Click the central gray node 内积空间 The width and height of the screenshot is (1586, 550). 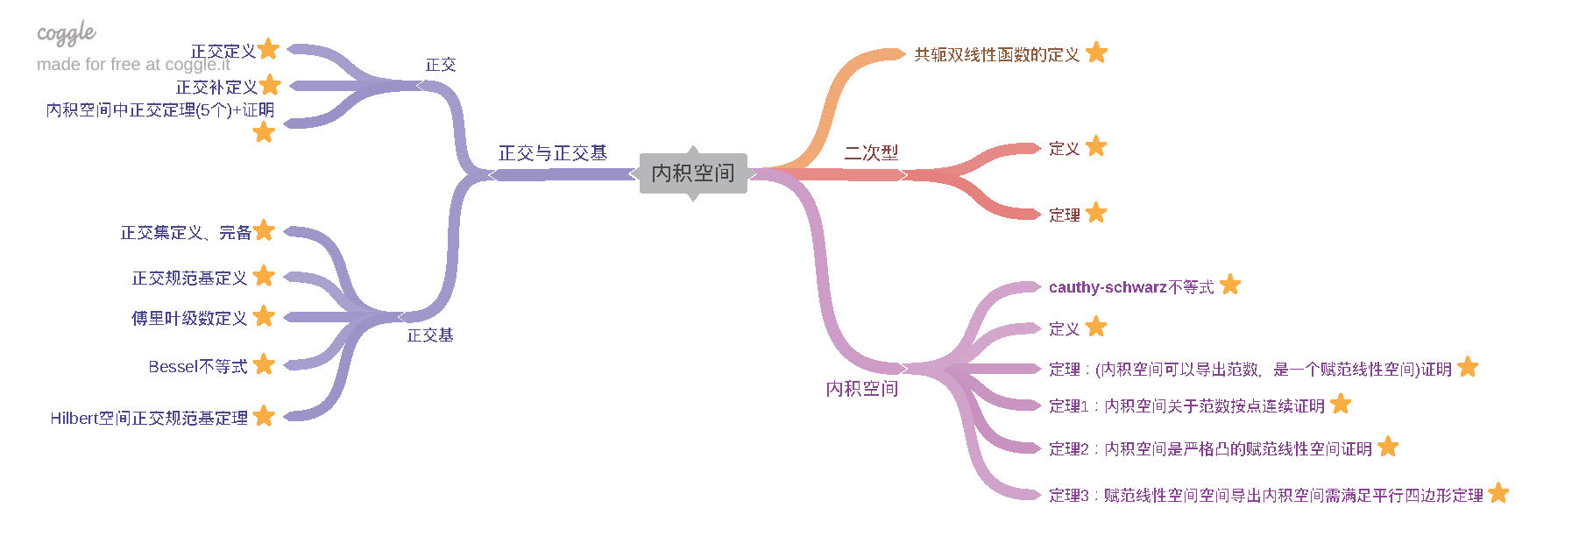pyautogui.click(x=692, y=173)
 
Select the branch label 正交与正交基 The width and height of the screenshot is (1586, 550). pyautogui.click(x=552, y=153)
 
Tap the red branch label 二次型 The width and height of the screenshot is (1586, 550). pyautogui.click(x=870, y=152)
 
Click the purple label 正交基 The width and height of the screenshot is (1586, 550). pyautogui.click(x=429, y=335)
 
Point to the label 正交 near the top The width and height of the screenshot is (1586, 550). pyautogui.click(x=440, y=65)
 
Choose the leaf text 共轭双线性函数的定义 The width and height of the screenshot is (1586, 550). pyautogui.click(x=996, y=54)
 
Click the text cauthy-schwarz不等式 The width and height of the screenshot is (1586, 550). pyautogui.click(x=1130, y=287)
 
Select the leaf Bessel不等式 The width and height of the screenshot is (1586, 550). pyautogui.click(x=197, y=367)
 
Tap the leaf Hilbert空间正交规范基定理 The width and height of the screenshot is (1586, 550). pyautogui.click(x=149, y=419)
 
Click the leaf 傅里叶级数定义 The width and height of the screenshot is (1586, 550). pyautogui.click(x=188, y=318)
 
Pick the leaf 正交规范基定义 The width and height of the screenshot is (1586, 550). pyautogui.click(x=189, y=279)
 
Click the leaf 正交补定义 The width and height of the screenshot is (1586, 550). pyautogui.click(x=216, y=88)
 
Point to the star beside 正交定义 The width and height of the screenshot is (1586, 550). pyautogui.click(x=269, y=49)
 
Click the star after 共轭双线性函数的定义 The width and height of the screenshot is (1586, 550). pyautogui.click(x=1096, y=53)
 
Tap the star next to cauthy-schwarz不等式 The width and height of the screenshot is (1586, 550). pyautogui.click(x=1230, y=285)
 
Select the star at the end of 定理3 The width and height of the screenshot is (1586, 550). pyautogui.click(x=1498, y=493)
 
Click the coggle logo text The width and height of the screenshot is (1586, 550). pyautogui.click(x=66, y=33)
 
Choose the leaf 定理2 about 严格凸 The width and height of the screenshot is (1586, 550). pyautogui.click(x=1210, y=449)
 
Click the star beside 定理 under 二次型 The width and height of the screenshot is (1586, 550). pyautogui.click(x=1096, y=213)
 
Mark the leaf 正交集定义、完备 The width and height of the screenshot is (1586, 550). pyautogui.click(x=186, y=233)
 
